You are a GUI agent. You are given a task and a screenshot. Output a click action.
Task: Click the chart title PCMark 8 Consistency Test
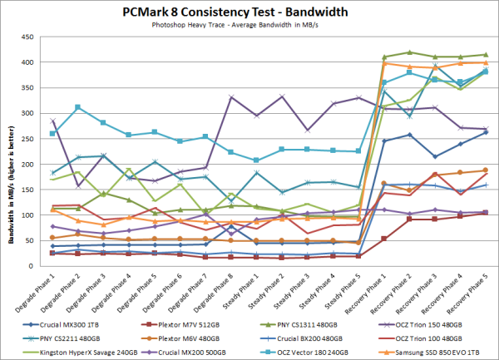249,11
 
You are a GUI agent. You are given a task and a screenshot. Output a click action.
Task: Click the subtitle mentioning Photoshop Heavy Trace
249,25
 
